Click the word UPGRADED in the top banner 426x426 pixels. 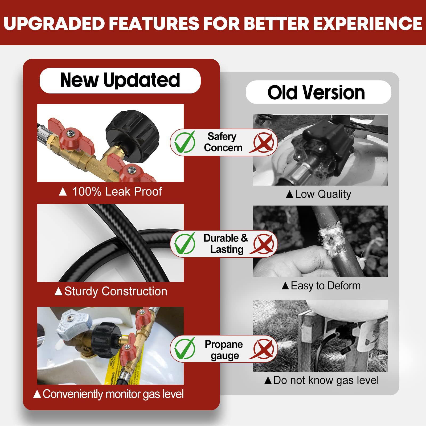(x=54, y=23)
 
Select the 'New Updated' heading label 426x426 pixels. (x=120, y=80)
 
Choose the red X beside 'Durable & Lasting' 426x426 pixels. (x=263, y=244)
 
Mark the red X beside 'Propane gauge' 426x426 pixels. (x=263, y=349)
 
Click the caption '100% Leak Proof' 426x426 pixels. (x=117, y=191)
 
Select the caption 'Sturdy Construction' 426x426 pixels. (x=116, y=291)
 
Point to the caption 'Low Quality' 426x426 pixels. (x=323, y=194)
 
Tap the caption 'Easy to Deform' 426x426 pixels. (x=326, y=286)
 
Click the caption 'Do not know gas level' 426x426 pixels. (x=326, y=380)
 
